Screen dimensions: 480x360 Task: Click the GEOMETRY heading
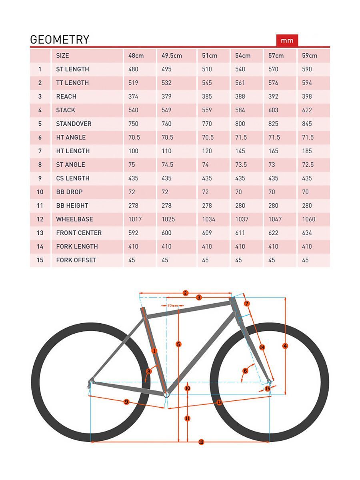pyautogui.click(x=60, y=40)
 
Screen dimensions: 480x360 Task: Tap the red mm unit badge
pyautogui.click(x=287, y=40)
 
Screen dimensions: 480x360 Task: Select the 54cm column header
pyautogui.click(x=242, y=56)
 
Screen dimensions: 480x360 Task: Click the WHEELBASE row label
pyautogui.click(x=74, y=219)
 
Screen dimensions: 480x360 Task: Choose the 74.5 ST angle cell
pyautogui.click(x=167, y=164)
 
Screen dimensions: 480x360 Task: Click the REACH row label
pyautogui.click(x=66, y=96)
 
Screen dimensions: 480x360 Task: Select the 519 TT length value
pyautogui.click(x=133, y=83)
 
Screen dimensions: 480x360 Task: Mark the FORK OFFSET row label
pyautogui.click(x=76, y=260)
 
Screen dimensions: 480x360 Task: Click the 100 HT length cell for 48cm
pyautogui.click(x=133, y=151)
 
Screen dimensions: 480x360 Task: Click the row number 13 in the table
pyautogui.click(x=40, y=233)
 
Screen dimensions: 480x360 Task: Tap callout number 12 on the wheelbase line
pyautogui.click(x=201, y=442)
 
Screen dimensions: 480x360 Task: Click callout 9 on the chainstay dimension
pyautogui.click(x=126, y=402)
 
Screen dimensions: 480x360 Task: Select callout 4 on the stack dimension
pyautogui.click(x=285, y=346)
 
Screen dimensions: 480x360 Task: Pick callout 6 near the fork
pyautogui.click(x=246, y=371)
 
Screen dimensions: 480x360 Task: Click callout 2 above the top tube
pyautogui.click(x=185, y=293)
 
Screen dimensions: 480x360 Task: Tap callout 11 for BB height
pyautogui.click(x=187, y=418)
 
